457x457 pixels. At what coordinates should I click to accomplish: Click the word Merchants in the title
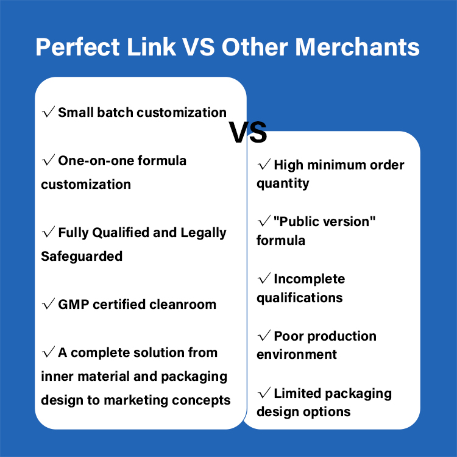(x=357, y=47)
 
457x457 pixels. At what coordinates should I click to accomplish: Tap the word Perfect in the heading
(x=77, y=47)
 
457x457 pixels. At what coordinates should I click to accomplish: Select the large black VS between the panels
(x=248, y=132)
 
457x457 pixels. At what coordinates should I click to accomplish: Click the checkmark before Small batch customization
(x=48, y=112)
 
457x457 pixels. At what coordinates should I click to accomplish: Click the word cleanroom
(x=183, y=304)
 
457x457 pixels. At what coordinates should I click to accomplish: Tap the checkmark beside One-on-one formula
(x=48, y=160)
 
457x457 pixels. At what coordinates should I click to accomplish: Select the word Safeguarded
(x=82, y=256)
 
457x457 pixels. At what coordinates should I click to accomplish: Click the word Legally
(x=204, y=233)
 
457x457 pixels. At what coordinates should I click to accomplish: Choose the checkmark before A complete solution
(x=48, y=352)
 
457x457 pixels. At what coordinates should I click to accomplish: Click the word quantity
(x=283, y=183)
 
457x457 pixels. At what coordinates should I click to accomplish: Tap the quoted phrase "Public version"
(x=324, y=221)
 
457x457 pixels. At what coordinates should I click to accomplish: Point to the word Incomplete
(x=309, y=279)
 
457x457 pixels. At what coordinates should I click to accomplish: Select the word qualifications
(x=300, y=298)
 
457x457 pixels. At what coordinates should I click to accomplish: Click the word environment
(x=297, y=355)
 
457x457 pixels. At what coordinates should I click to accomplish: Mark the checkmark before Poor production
(x=264, y=336)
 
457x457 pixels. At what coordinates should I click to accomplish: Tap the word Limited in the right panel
(x=297, y=393)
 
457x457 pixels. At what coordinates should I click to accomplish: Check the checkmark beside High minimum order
(x=264, y=164)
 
